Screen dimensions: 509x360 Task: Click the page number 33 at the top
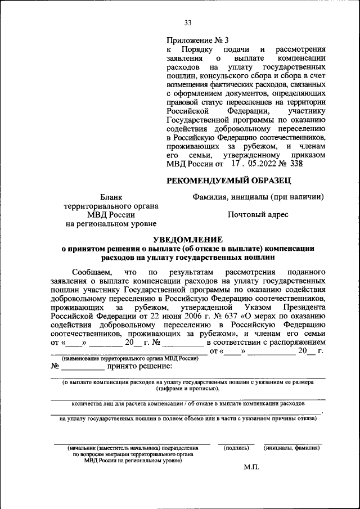[188, 23]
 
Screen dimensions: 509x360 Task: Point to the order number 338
[294, 164]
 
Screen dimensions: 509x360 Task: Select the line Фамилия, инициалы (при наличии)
[258, 197]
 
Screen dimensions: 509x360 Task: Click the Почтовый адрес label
[258, 215]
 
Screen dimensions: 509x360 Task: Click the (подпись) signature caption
[236, 448]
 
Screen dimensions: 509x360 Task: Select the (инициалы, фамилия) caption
[292, 448]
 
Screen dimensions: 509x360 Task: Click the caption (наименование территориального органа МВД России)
[130, 358]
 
